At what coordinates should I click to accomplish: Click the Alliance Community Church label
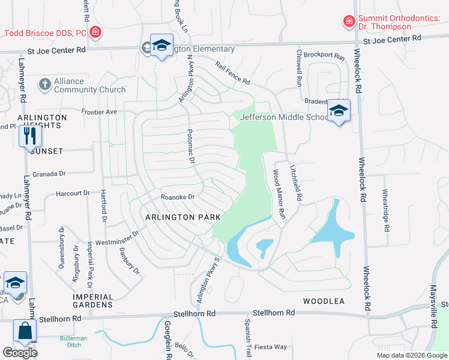point(89,85)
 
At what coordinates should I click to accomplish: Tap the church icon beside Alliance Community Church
point(45,85)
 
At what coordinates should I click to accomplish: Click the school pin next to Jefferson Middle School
point(339,112)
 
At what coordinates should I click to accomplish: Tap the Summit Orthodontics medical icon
point(348,22)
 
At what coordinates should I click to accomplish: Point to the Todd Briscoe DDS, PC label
point(46,33)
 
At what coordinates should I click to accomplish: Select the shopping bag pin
point(25,331)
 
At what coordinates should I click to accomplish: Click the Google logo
point(20,352)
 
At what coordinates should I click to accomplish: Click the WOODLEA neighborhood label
point(324,301)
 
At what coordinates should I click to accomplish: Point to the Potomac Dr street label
point(191,149)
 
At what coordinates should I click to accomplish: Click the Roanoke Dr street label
point(178,197)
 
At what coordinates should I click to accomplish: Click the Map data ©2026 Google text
point(411,355)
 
